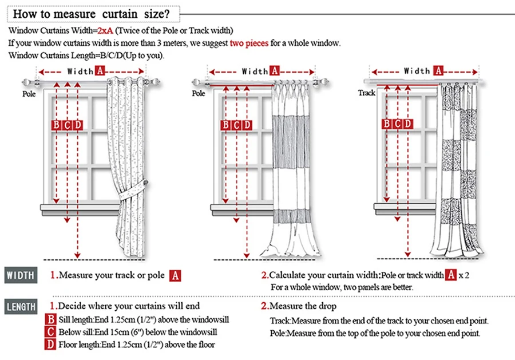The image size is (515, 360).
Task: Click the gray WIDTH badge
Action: pos(21,275)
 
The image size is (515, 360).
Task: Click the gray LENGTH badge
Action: pos(22,306)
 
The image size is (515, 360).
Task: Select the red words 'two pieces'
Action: pos(249,43)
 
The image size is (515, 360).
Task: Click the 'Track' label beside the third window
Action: pos(366,92)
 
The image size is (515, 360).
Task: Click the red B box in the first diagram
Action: pos(57,125)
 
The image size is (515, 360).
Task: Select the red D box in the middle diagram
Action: pos(247,125)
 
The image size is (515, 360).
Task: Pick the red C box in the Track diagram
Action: pos(397,124)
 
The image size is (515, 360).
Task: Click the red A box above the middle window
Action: pos(275,71)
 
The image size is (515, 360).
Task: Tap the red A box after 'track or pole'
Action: pos(175,275)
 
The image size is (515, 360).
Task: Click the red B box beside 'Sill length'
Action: pos(51,319)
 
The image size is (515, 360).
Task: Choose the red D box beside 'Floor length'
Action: pos(51,345)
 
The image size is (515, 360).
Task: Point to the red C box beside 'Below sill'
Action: pos(51,332)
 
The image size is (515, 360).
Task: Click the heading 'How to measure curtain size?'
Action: pos(91,12)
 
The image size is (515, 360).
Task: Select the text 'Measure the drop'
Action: pos(303,306)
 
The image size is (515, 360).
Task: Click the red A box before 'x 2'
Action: pos(451,275)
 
